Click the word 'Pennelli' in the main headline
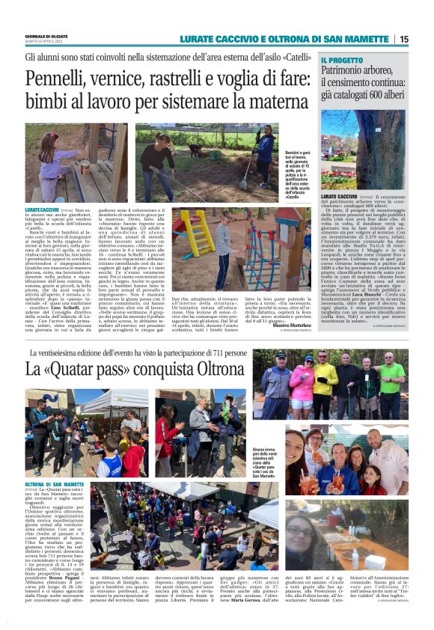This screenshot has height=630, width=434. point(53,79)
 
